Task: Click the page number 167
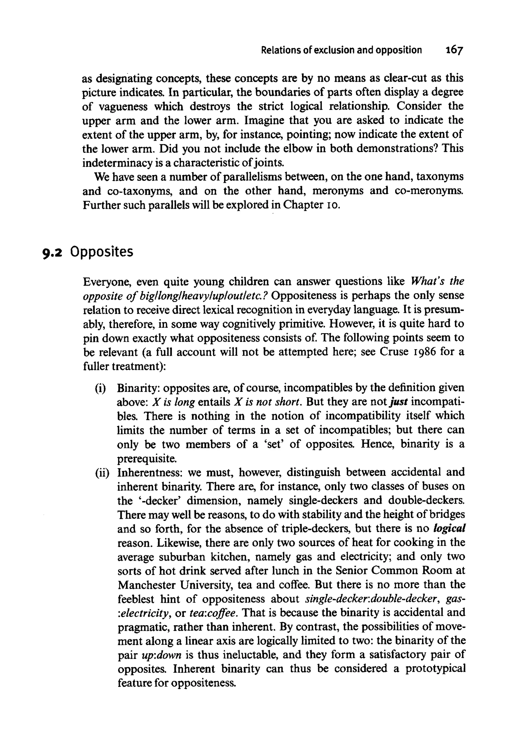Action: click(454, 50)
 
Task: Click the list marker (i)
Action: click(101, 388)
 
